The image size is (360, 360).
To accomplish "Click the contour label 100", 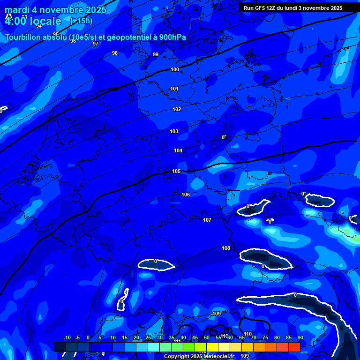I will pyautogui.click(x=175, y=69).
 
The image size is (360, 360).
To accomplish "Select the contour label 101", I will pyautogui.click(x=174, y=89).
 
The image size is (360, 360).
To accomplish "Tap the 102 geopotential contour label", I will pyautogui.click(x=177, y=109).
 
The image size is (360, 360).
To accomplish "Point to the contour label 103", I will pyautogui.click(x=174, y=131).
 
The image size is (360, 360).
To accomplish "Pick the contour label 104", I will pyautogui.click(x=178, y=150).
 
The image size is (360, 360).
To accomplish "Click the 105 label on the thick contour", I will pyautogui.click(x=176, y=171).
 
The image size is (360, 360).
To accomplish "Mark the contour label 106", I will pyautogui.click(x=186, y=195).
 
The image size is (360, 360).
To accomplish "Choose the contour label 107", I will pyautogui.click(x=207, y=220).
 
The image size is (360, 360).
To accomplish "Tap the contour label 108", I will pyautogui.click(x=226, y=248).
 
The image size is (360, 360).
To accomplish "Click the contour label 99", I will pyautogui.click(x=156, y=55).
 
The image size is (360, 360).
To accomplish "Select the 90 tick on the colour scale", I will pyautogui.click(x=300, y=337).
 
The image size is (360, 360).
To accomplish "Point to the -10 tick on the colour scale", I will pyautogui.click(x=67, y=337).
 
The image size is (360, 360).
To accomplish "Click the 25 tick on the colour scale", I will pyautogui.click(x=148, y=337).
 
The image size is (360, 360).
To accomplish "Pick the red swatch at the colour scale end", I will pyautogui.click(x=294, y=347).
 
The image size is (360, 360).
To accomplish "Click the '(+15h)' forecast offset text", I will pyautogui.click(x=81, y=21).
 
